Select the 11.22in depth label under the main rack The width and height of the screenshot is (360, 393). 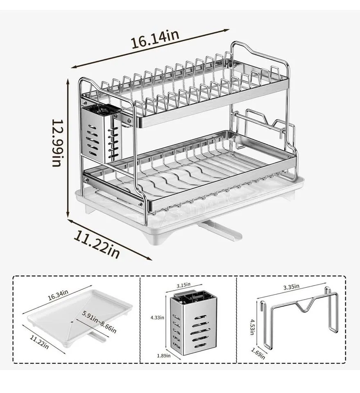[x=97, y=244]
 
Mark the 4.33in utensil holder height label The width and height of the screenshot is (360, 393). [x=157, y=317]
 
